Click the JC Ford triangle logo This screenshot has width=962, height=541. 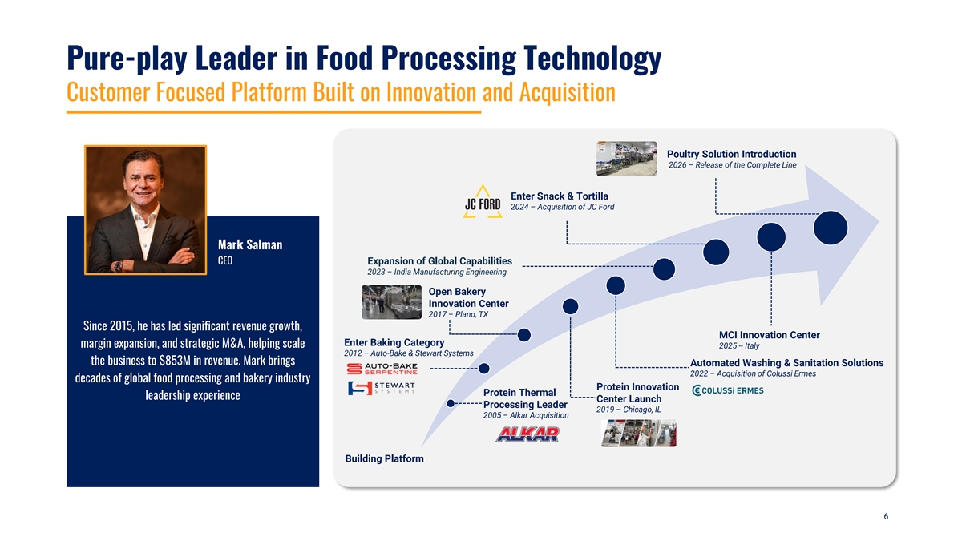point(483,202)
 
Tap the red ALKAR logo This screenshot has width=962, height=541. point(527,434)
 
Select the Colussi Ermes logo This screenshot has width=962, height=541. point(728,390)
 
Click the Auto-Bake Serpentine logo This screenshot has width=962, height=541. point(382,369)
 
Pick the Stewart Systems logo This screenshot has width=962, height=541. point(382,388)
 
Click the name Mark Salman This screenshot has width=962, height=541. point(250,244)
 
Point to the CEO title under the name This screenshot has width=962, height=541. point(225,260)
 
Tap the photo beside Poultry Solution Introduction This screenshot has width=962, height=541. point(627,159)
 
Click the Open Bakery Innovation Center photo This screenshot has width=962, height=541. point(392,302)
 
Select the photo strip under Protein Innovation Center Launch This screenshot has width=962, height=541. point(639,434)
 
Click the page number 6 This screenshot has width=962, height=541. point(886,516)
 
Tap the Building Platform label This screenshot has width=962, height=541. point(384,458)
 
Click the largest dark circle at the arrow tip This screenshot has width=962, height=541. point(831,228)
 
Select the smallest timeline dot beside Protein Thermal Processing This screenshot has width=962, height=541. point(451,403)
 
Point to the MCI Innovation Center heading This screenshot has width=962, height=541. point(769,335)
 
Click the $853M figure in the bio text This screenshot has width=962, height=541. point(175,360)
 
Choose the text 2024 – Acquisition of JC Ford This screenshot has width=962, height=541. point(563,207)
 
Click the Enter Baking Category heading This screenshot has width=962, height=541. point(394,343)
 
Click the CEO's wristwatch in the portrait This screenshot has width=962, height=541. point(118,266)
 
